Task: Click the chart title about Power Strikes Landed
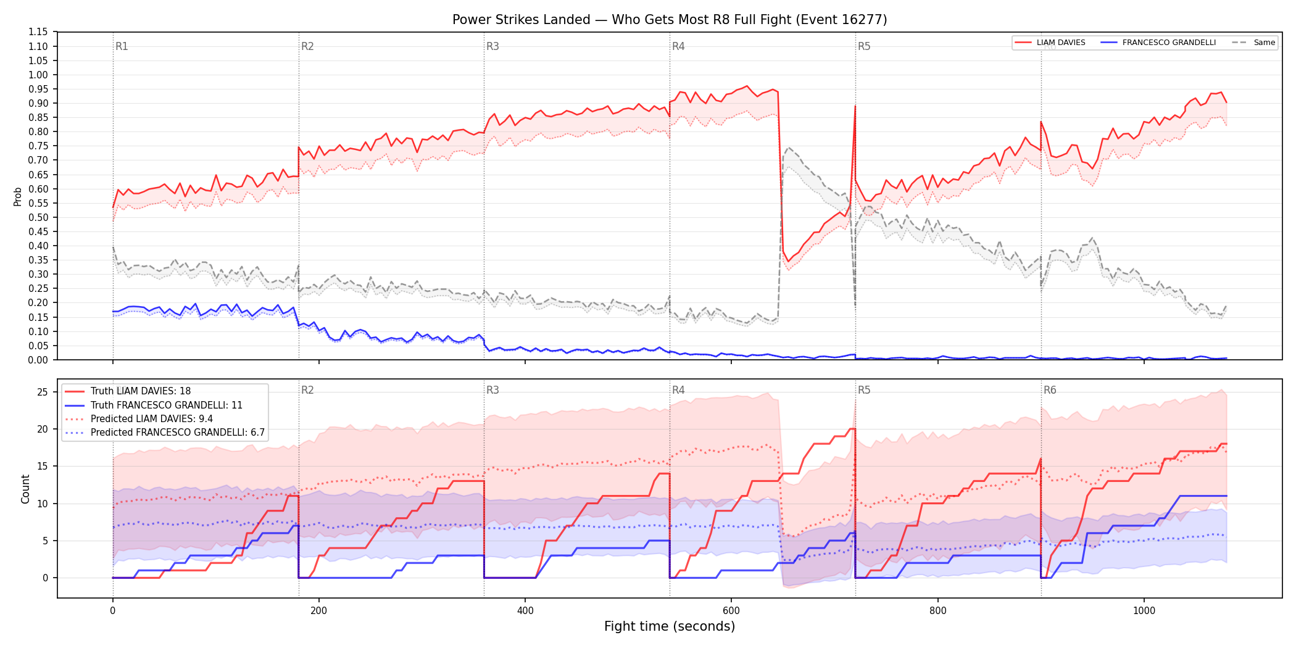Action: (670, 20)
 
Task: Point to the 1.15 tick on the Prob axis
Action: (38, 32)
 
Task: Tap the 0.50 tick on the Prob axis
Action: (38, 217)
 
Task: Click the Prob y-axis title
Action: (18, 196)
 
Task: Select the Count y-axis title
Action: (25, 489)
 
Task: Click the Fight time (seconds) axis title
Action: (670, 626)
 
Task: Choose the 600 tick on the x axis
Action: (731, 611)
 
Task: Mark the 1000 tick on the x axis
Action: (1144, 611)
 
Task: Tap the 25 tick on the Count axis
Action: (43, 393)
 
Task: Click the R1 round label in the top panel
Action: (122, 46)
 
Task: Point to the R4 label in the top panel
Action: (678, 46)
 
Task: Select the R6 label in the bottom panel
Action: (1050, 390)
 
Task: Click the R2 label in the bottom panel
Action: (307, 390)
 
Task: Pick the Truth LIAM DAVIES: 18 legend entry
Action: (141, 391)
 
